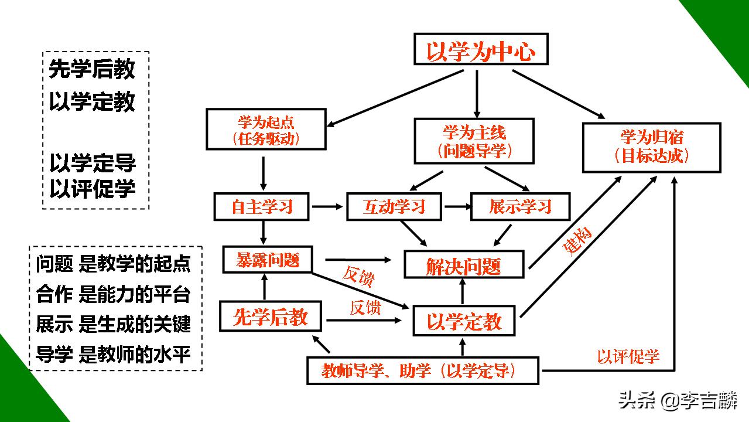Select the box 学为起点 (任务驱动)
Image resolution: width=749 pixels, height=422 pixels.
click(x=266, y=130)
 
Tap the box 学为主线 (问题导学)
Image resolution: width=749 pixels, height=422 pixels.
click(x=474, y=141)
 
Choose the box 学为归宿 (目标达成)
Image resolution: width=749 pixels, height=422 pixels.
click(x=651, y=147)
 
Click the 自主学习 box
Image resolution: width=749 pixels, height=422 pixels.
click(x=261, y=206)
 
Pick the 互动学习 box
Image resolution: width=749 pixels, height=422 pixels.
click(x=394, y=206)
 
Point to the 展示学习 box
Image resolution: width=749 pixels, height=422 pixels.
click(x=520, y=206)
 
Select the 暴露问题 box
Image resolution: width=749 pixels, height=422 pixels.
click(x=267, y=260)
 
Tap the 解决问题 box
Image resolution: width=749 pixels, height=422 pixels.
click(x=463, y=266)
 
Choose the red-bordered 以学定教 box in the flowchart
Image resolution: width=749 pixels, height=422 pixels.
click(x=464, y=321)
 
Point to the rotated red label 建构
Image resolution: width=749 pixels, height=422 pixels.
click(x=577, y=240)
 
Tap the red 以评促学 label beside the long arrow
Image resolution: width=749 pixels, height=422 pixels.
click(x=628, y=356)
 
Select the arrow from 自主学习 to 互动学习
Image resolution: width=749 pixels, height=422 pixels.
click(x=327, y=206)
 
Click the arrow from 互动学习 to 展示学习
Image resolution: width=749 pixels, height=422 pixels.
click(x=457, y=206)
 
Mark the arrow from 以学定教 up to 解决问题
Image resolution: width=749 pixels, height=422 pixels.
click(x=463, y=291)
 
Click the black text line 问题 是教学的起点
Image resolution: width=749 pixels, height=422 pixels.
click(x=113, y=264)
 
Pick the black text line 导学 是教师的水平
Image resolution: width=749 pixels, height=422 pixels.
click(x=113, y=355)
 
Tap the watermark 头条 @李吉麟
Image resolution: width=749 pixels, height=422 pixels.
click(x=678, y=401)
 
